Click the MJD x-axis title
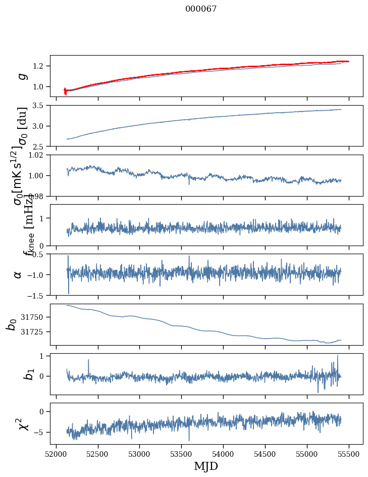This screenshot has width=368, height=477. pos(206,466)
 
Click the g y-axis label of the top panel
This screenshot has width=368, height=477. pos(22,76)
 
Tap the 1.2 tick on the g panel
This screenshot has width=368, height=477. pos(40,66)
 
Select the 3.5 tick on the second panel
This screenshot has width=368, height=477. pos(40,106)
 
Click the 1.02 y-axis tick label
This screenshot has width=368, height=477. pos(38,155)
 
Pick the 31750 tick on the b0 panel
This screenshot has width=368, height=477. pos(35,317)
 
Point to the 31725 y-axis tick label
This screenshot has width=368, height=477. pos(35,331)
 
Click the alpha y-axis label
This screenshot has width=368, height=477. pos(18,274)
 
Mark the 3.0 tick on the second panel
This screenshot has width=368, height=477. pos(40,126)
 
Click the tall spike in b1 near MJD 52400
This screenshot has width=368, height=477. pos(88,360)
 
